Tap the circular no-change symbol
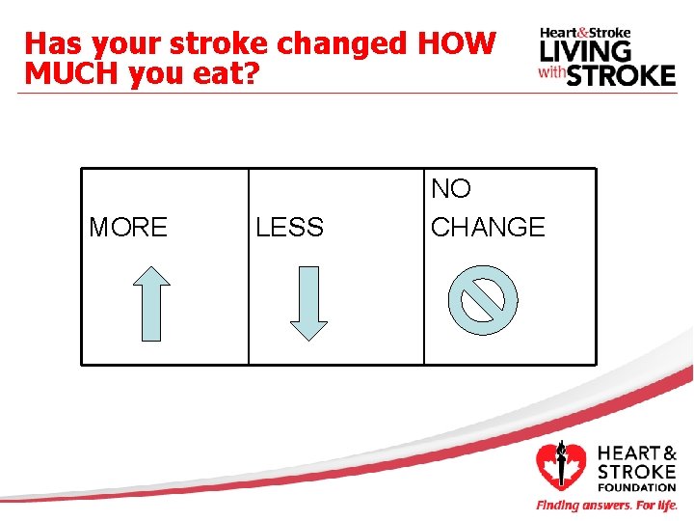(x=483, y=300)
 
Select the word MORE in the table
(x=127, y=228)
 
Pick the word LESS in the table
(x=289, y=228)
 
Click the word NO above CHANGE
(x=451, y=188)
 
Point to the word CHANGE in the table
(x=488, y=228)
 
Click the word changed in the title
(x=344, y=44)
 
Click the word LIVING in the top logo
(x=586, y=50)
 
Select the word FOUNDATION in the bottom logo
(x=637, y=488)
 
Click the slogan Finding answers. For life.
(x=606, y=506)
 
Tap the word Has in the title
(x=49, y=44)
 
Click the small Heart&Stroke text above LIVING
(x=584, y=32)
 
